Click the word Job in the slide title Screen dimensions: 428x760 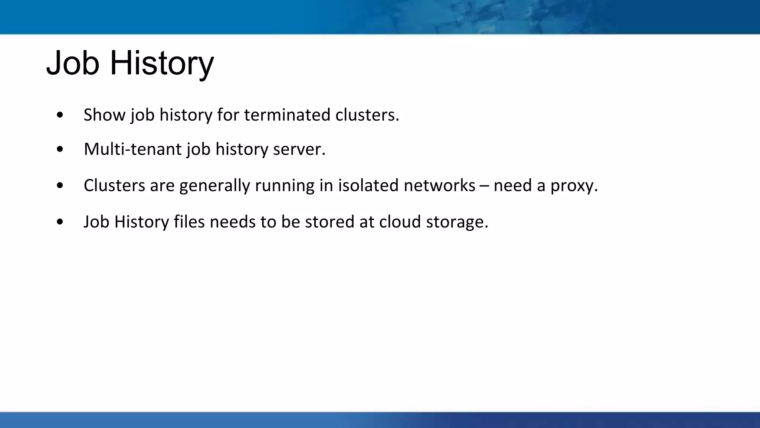click(x=73, y=63)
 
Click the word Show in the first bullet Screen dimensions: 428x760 click(x=104, y=115)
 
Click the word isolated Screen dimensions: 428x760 click(x=368, y=185)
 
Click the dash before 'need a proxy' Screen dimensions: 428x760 click(x=484, y=185)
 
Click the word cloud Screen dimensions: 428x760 click(x=400, y=222)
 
